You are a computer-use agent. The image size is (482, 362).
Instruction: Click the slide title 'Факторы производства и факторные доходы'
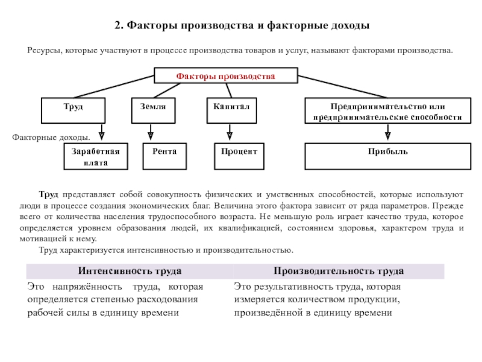pos(241,27)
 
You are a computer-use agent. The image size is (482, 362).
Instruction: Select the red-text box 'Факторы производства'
pos(226,76)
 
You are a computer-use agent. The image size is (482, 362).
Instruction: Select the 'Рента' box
pos(164,156)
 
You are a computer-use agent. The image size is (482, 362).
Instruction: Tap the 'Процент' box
pos(239,156)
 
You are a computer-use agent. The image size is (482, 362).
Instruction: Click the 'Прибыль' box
pos(387,156)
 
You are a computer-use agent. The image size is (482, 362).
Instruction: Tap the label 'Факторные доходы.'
pos(51,138)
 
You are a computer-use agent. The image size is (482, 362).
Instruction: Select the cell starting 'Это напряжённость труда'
pos(116,299)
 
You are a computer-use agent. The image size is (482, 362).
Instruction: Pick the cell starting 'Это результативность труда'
pos(316,299)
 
